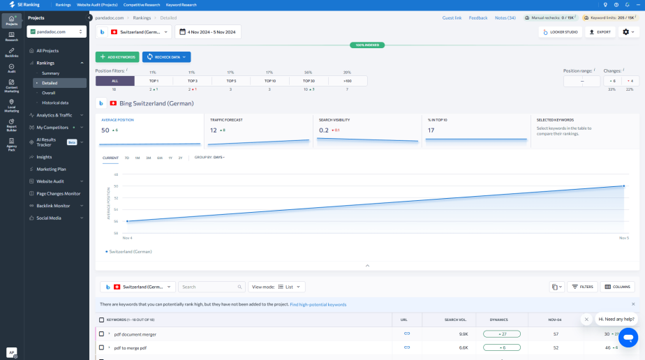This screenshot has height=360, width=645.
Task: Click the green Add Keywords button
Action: [117, 57]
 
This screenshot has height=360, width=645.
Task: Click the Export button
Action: [600, 32]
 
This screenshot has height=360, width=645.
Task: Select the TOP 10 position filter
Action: [269, 81]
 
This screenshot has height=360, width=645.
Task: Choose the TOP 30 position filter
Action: [308, 81]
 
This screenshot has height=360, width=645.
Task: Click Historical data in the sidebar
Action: [55, 103]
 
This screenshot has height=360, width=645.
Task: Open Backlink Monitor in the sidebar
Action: [53, 206]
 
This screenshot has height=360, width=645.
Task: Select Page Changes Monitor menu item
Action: [58, 193]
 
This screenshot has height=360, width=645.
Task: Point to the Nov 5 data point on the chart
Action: [623, 186]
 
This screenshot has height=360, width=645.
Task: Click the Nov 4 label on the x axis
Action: [127, 238]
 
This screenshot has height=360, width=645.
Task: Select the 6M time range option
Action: [159, 158]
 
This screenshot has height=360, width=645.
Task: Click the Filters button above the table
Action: [582, 287]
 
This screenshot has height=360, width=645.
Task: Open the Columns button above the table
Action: [617, 287]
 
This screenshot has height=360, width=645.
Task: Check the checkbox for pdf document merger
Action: [101, 334]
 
